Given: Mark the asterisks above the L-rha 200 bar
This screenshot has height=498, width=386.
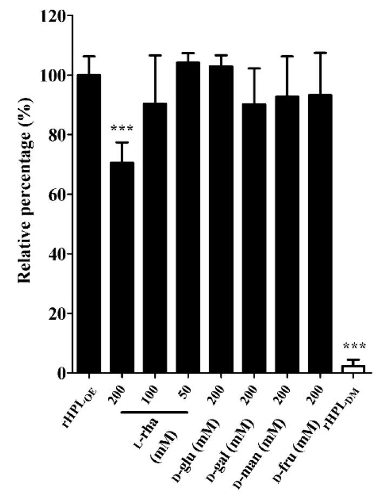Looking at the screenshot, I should pyautogui.click(x=122, y=129).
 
